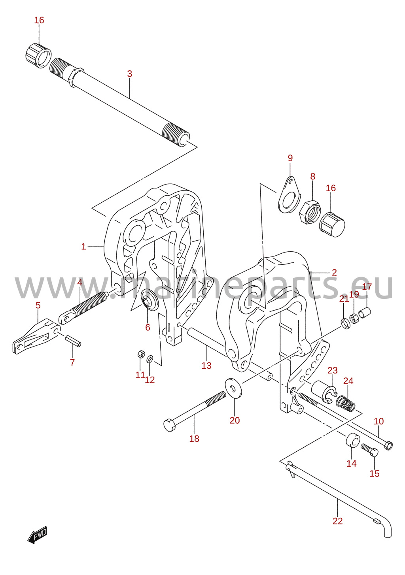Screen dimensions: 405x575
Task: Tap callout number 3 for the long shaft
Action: tap(129, 74)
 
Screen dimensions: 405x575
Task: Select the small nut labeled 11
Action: tap(141, 354)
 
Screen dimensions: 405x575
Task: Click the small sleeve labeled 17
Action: tap(365, 313)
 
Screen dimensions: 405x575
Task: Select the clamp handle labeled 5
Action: tap(36, 337)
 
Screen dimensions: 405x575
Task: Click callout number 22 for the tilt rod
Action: tap(337, 521)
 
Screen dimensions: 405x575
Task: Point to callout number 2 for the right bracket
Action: tap(334, 273)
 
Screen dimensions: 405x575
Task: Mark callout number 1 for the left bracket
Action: tap(83, 247)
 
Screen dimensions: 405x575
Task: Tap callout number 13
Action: tap(206, 366)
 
